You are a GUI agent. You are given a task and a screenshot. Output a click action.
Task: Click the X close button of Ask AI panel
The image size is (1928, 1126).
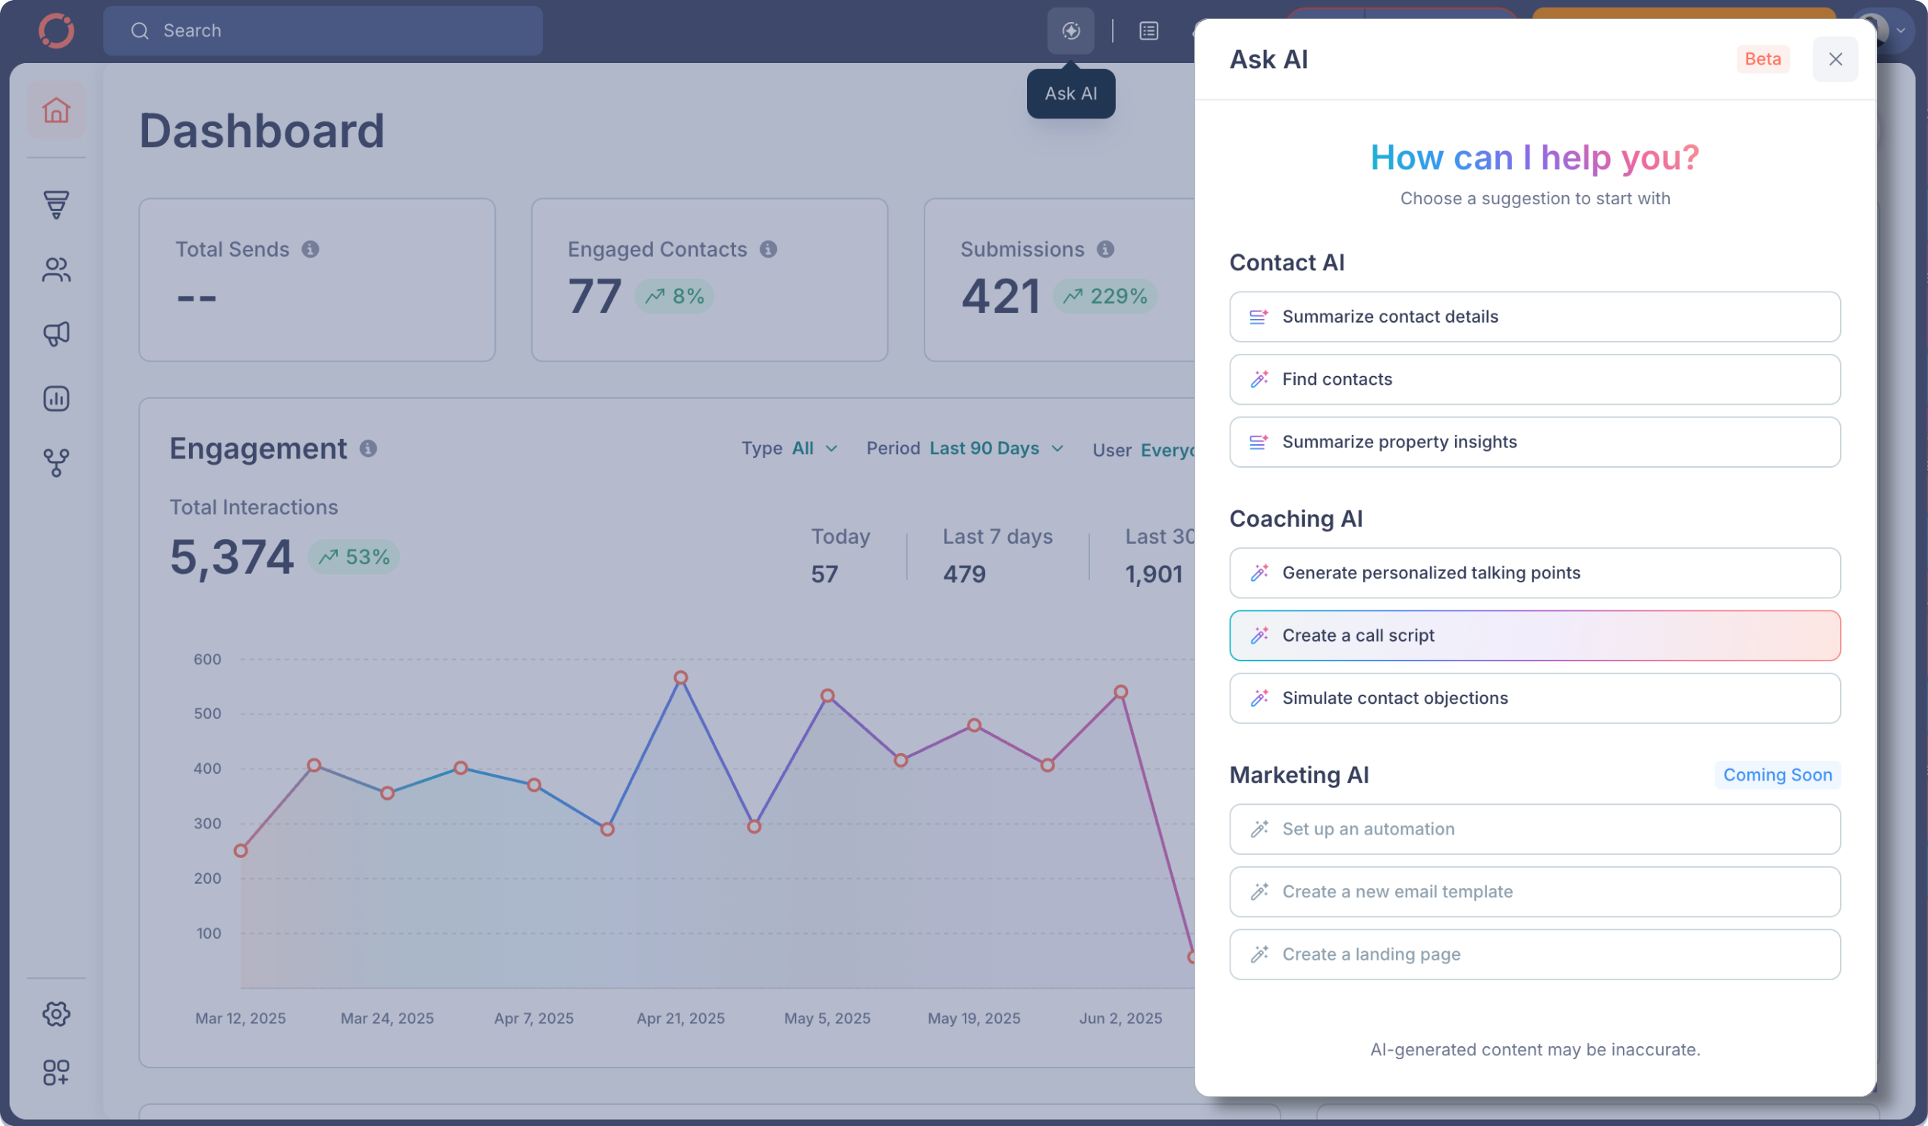1835,59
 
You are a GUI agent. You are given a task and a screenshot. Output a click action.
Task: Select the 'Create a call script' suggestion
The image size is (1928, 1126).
1534,636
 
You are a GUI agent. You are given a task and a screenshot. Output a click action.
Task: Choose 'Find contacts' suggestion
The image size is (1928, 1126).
1534,379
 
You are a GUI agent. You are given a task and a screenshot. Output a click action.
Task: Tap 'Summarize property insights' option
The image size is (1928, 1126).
1534,442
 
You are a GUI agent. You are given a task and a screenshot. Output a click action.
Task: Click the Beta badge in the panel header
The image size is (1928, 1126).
1762,59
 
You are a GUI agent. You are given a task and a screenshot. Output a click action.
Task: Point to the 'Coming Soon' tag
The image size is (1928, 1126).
1776,774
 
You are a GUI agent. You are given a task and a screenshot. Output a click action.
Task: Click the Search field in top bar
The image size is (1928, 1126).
323,30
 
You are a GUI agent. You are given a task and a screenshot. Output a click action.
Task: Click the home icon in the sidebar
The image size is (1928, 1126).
56,110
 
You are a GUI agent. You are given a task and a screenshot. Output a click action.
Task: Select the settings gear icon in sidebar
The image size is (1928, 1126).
56,1014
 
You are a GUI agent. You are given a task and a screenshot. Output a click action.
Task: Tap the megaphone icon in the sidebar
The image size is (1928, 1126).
56,334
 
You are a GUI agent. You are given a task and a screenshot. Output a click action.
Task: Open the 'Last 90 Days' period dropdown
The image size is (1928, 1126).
995,449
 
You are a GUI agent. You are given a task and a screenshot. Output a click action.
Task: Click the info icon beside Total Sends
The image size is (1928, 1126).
310,250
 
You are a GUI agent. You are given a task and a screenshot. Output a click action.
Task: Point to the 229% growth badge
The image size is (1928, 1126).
1104,296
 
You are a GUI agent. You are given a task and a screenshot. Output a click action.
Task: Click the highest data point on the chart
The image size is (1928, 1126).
680,677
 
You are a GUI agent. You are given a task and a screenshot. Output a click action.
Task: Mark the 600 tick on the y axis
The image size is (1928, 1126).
206,659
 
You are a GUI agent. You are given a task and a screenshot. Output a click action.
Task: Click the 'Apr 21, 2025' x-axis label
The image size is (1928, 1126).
680,1018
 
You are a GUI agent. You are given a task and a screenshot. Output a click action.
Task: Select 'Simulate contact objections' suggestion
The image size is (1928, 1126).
1534,698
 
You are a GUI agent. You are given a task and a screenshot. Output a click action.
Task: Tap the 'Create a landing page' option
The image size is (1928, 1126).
1534,954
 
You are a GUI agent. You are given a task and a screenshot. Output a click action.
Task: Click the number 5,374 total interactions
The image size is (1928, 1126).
231,557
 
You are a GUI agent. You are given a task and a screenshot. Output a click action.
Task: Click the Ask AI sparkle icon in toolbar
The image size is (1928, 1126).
1070,30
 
